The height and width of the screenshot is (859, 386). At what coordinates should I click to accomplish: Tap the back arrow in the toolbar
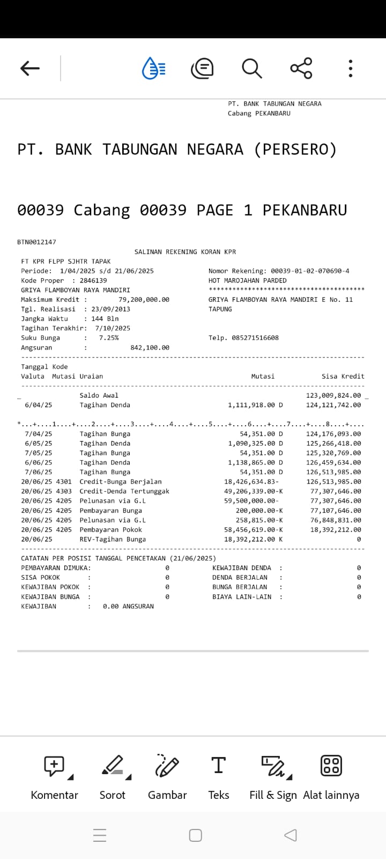coord(30,68)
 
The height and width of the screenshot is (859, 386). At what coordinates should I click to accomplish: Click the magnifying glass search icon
coord(251,68)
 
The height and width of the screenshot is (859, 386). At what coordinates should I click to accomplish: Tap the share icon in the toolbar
coord(301,68)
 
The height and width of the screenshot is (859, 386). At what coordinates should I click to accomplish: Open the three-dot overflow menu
coord(351,68)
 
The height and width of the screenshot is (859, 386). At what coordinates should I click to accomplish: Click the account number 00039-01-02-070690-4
coord(310,271)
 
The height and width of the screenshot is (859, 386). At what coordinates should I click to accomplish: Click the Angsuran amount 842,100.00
coord(150,347)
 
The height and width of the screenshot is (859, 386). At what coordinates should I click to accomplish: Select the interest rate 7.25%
coord(109,338)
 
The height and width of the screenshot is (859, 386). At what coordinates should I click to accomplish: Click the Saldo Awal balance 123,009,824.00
coord(333,395)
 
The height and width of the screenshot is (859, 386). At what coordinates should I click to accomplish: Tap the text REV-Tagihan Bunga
coord(113,539)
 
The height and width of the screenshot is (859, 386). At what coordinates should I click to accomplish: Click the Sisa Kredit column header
coord(343,376)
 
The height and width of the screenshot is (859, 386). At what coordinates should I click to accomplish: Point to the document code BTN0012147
coord(36,242)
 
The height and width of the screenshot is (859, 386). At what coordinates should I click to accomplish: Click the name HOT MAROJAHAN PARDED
coord(247,281)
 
